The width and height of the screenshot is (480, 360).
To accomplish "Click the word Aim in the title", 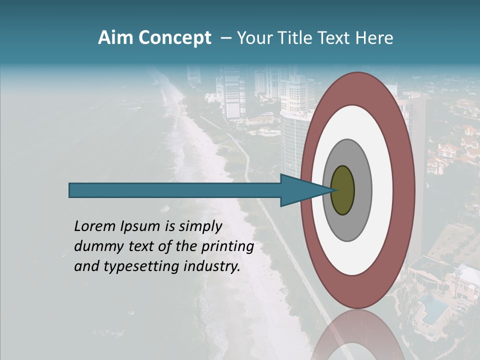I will coord(116,38).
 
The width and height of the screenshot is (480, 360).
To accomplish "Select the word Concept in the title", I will coord(174,38).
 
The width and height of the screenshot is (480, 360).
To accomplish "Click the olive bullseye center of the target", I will coord(343,190).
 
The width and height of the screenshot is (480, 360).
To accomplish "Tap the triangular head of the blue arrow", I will coord(300,190).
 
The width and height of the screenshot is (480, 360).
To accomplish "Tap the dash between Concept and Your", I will coord(225,38).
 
